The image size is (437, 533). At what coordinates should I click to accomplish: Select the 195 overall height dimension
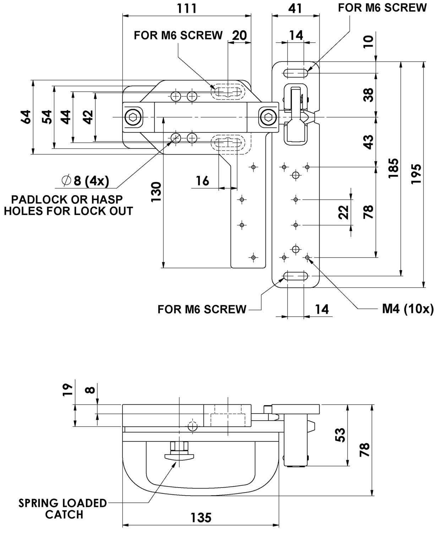[417, 174]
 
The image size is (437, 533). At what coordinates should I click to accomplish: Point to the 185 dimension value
[394, 169]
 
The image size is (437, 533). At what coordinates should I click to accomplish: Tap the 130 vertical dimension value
[157, 192]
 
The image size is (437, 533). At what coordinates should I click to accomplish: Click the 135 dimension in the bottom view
[201, 517]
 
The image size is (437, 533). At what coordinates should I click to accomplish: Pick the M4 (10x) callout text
[408, 309]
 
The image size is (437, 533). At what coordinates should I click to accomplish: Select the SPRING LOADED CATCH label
[62, 508]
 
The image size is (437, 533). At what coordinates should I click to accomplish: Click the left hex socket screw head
[133, 117]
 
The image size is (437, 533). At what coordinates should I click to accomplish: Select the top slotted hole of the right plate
[295, 73]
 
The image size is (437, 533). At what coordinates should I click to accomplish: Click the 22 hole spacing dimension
[343, 212]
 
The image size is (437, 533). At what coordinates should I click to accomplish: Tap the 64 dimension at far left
[26, 117]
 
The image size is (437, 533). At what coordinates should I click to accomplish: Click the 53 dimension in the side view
[340, 435]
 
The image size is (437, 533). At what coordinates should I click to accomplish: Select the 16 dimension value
[203, 181]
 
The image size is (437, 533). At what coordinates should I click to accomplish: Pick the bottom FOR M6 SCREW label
[202, 309]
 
